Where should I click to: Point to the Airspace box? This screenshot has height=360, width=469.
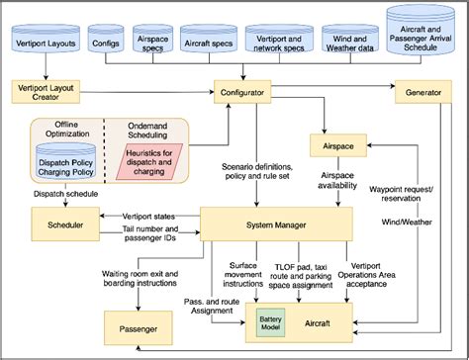[337, 145]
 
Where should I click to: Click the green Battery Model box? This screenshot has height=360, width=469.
[270, 323]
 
